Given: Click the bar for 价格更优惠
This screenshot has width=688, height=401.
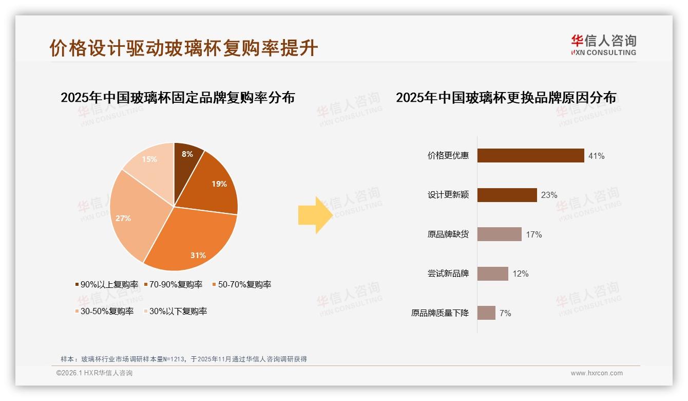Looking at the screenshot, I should pyautogui.click(x=530, y=155).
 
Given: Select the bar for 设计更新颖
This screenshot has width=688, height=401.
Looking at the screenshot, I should pyautogui.click(x=507, y=195).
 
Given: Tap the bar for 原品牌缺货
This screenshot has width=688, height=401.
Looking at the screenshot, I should pyautogui.click(x=499, y=234).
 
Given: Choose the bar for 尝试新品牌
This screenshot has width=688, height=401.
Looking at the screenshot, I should pyautogui.click(x=492, y=274).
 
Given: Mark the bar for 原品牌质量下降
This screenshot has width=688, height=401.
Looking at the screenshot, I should pyautogui.click(x=486, y=313).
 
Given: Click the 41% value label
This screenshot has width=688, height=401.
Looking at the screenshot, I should pyautogui.click(x=596, y=156).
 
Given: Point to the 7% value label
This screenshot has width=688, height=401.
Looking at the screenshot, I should pyautogui.click(x=505, y=313).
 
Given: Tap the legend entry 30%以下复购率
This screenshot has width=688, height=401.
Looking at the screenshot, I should pyautogui.click(x=178, y=311).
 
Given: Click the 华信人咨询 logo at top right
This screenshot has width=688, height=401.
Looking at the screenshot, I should pyautogui.click(x=603, y=45).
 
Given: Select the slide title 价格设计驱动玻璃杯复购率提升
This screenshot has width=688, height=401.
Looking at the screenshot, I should pyautogui.click(x=184, y=48).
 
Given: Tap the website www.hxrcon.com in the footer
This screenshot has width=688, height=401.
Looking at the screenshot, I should pyautogui.click(x=597, y=373).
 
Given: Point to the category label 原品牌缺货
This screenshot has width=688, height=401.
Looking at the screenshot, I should pyautogui.click(x=448, y=234).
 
